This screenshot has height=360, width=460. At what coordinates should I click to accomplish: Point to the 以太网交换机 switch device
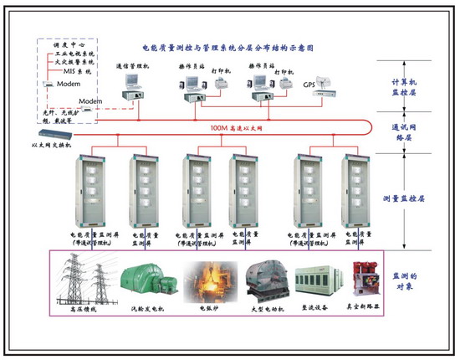point(55,136)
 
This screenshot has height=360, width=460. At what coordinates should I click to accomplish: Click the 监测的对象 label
point(410,280)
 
